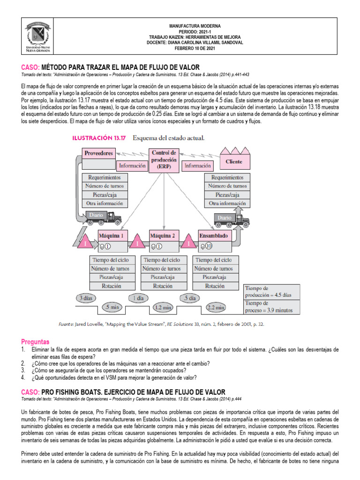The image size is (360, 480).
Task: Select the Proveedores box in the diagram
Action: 98,153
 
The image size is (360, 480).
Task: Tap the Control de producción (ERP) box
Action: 164,160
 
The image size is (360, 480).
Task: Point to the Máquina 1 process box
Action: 111,235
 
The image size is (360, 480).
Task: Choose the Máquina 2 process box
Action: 163,235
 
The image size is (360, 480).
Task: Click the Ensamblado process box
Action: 213,235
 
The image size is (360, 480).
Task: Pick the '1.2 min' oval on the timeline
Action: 163,307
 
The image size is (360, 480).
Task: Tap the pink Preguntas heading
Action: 35,342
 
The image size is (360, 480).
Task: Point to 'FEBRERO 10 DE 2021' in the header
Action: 195,48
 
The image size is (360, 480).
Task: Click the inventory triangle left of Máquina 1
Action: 85,243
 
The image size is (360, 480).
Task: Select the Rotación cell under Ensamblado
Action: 214,286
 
